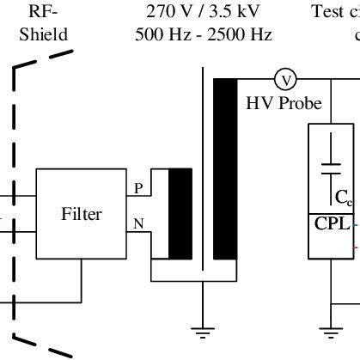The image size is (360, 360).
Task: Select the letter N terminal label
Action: point(139,224)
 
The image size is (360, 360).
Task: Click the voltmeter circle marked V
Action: point(284,80)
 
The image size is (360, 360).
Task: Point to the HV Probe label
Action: point(284,103)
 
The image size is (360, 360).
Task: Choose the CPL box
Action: point(332,225)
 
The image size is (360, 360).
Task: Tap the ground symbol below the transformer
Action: point(203,331)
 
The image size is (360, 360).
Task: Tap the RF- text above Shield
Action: point(44,12)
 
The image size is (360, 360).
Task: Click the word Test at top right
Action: point(328,12)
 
